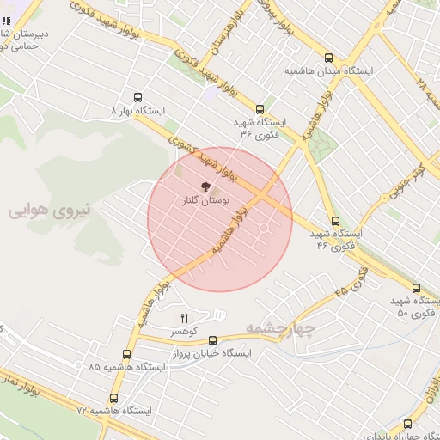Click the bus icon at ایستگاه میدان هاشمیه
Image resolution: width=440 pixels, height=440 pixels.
pos(329,58)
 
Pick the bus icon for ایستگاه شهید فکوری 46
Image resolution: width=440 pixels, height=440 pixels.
pos(334,221)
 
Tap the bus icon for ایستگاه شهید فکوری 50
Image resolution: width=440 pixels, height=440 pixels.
pos(416,289)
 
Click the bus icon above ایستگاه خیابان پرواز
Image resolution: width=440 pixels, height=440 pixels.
pos(213,341)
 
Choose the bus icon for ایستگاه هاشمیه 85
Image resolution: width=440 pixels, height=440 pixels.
pos(127,353)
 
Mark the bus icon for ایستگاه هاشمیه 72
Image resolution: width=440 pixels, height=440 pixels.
pos(114,399)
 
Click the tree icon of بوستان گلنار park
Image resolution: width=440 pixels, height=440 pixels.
pos(205,186)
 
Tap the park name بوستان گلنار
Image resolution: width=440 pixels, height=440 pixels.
pos(205,199)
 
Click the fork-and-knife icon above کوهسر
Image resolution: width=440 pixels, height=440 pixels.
pos(184,318)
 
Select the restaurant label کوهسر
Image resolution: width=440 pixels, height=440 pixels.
pos(184,331)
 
